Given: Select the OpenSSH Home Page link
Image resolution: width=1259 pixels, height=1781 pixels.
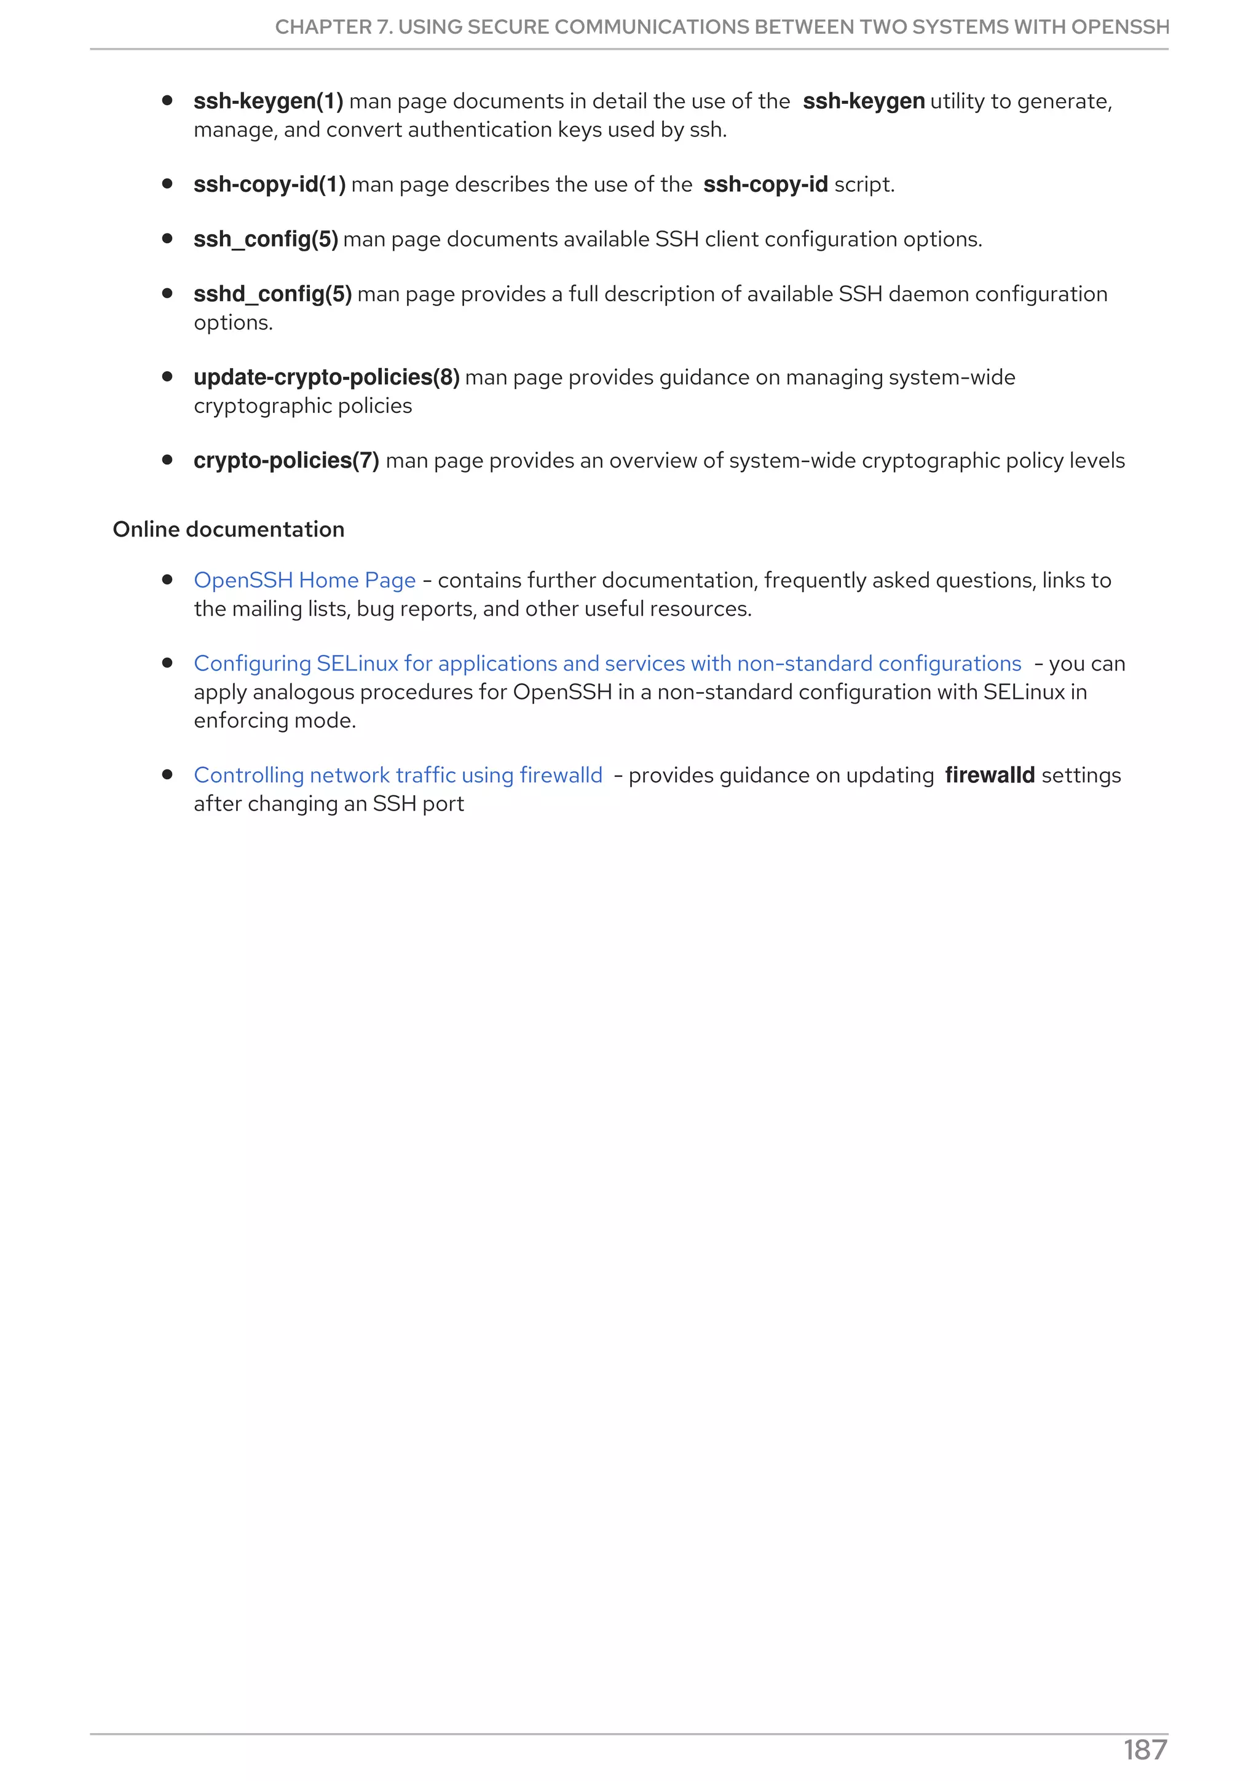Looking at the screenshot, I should pyautogui.click(x=304, y=580).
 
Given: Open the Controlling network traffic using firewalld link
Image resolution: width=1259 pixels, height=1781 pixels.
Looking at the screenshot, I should pyautogui.click(x=398, y=775).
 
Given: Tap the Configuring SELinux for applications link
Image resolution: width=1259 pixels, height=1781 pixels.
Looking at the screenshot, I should pyautogui.click(x=607, y=663).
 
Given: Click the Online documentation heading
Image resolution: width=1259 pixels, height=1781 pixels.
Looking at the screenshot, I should pyautogui.click(x=228, y=529).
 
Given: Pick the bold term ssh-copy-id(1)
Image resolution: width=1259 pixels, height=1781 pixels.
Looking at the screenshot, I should pyautogui.click(x=269, y=184).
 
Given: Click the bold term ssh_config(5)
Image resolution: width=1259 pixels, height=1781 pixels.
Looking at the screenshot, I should pyautogui.click(x=266, y=239).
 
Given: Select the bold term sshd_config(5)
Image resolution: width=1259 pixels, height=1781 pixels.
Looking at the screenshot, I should pyautogui.click(x=272, y=294).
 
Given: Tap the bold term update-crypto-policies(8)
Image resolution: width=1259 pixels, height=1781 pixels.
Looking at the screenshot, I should pyautogui.click(x=326, y=377).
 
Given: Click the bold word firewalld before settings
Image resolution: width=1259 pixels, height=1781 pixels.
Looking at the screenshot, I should pyautogui.click(x=989, y=775).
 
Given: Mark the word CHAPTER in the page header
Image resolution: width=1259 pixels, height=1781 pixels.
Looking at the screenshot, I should pyautogui.click(x=323, y=27).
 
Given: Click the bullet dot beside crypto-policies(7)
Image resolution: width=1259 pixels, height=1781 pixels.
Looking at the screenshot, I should pyautogui.click(x=167, y=460).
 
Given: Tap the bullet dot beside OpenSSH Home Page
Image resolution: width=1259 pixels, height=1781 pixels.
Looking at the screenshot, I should pyautogui.click(x=167, y=580).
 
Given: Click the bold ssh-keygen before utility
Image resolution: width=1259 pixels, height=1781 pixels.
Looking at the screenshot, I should pyautogui.click(x=863, y=101).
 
